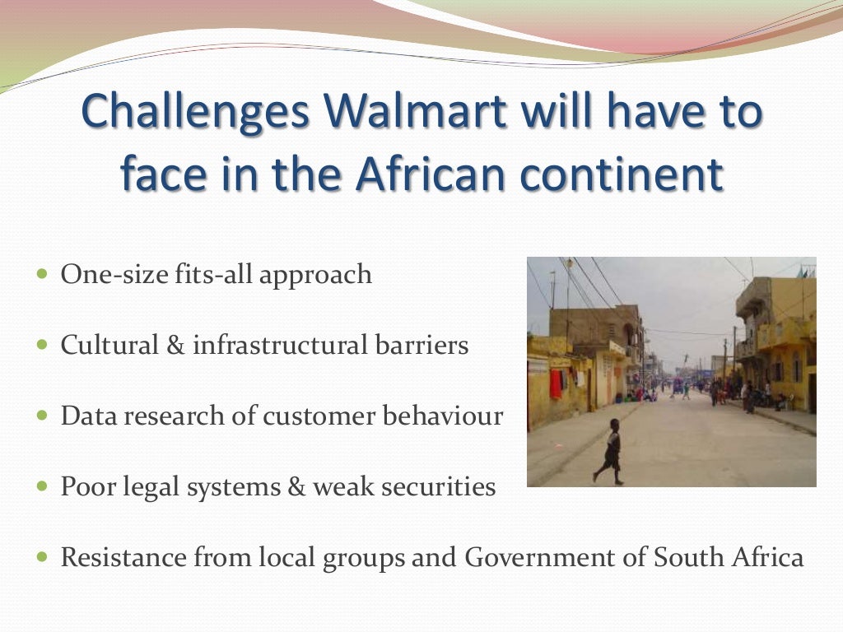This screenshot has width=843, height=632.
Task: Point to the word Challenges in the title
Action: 195,112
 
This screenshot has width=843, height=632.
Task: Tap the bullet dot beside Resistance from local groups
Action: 44,557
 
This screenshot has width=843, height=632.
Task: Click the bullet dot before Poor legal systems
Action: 44,486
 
